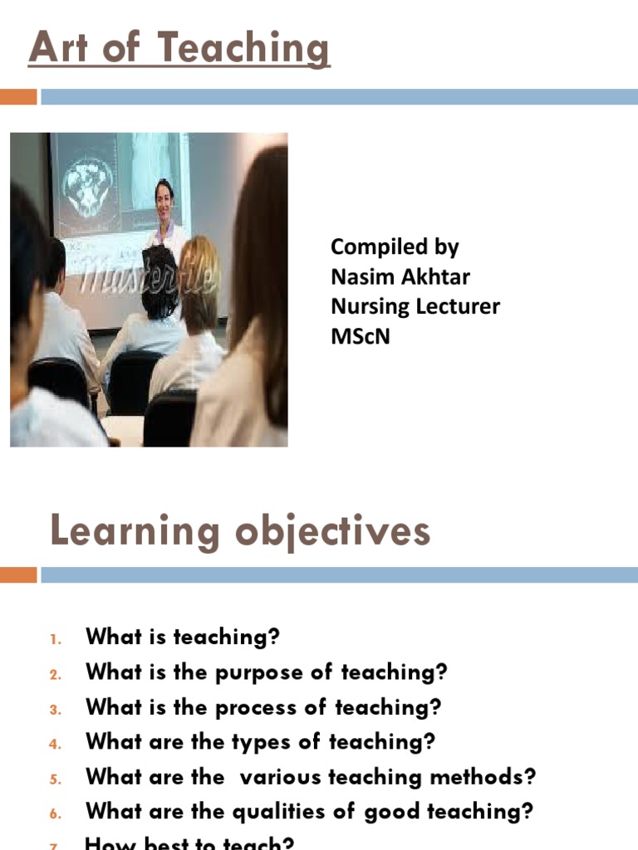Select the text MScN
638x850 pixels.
360,336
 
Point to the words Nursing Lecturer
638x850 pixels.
415,306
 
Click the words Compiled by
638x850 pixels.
395,247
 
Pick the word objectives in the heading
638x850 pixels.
333,531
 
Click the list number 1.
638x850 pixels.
56,639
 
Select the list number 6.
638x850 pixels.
56,814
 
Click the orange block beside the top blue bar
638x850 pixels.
18,97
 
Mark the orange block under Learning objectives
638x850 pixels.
18,574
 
